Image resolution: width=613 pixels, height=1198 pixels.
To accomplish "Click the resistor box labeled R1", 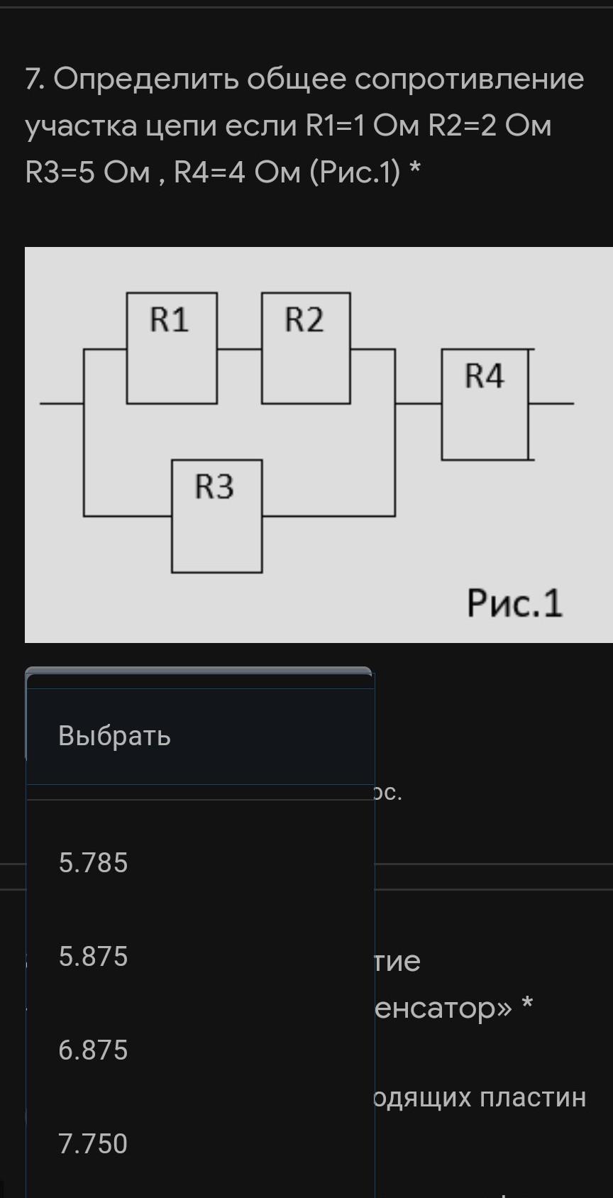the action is click(x=172, y=348).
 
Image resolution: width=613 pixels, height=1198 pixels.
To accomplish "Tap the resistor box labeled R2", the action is click(x=306, y=348).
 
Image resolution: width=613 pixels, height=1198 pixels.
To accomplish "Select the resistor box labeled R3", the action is click(x=216, y=516).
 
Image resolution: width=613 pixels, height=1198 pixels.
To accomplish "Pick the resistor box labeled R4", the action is click(x=485, y=404).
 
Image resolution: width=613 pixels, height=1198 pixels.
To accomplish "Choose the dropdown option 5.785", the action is click(x=93, y=863).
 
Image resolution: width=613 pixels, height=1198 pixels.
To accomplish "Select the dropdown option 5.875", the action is click(x=93, y=957).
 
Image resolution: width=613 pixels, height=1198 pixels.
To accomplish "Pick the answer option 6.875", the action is click(x=93, y=1050).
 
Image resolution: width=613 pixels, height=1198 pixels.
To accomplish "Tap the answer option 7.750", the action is click(x=93, y=1144).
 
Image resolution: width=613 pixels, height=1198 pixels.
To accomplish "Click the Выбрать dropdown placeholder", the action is click(x=114, y=736).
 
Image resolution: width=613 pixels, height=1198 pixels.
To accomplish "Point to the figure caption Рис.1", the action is click(x=514, y=604).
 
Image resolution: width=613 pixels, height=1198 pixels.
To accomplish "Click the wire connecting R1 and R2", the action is click(x=239, y=349).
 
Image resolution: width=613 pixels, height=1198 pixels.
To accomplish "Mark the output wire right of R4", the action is click(x=552, y=403).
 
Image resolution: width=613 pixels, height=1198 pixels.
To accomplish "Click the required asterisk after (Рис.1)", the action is click(x=416, y=169).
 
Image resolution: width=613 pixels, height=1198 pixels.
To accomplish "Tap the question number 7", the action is click(x=33, y=79).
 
